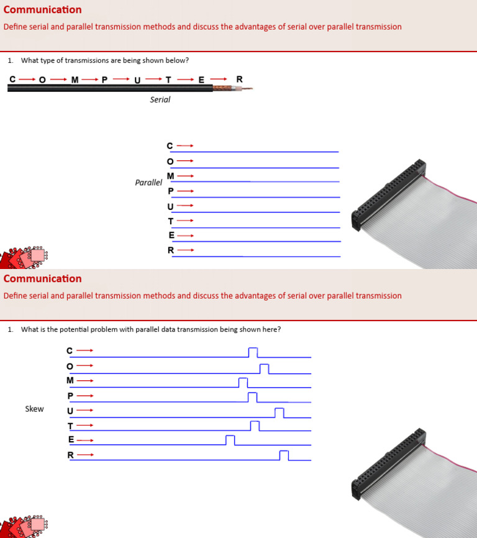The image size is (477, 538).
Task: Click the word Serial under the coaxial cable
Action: (160, 99)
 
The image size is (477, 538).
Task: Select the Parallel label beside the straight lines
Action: (148, 183)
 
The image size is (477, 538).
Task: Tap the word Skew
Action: (34, 409)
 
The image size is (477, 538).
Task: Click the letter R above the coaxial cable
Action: (240, 79)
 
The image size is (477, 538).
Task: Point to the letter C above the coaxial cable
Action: (12, 79)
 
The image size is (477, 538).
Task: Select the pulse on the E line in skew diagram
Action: (230, 440)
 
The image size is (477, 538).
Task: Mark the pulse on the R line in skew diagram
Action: (284, 455)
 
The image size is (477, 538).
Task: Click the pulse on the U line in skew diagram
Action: (279, 413)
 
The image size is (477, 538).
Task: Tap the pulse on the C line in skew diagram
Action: (253, 353)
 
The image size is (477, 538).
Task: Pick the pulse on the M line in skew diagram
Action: (243, 383)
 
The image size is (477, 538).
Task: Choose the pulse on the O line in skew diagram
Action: (264, 369)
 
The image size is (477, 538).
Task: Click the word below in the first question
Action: (178, 60)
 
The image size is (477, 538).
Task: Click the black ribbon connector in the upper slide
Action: (389, 193)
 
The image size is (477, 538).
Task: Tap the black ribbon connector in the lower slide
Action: (389, 462)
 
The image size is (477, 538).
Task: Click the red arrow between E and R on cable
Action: (218, 79)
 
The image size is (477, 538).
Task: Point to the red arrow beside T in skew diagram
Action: (84, 426)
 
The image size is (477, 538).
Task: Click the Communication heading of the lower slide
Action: (42, 278)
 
